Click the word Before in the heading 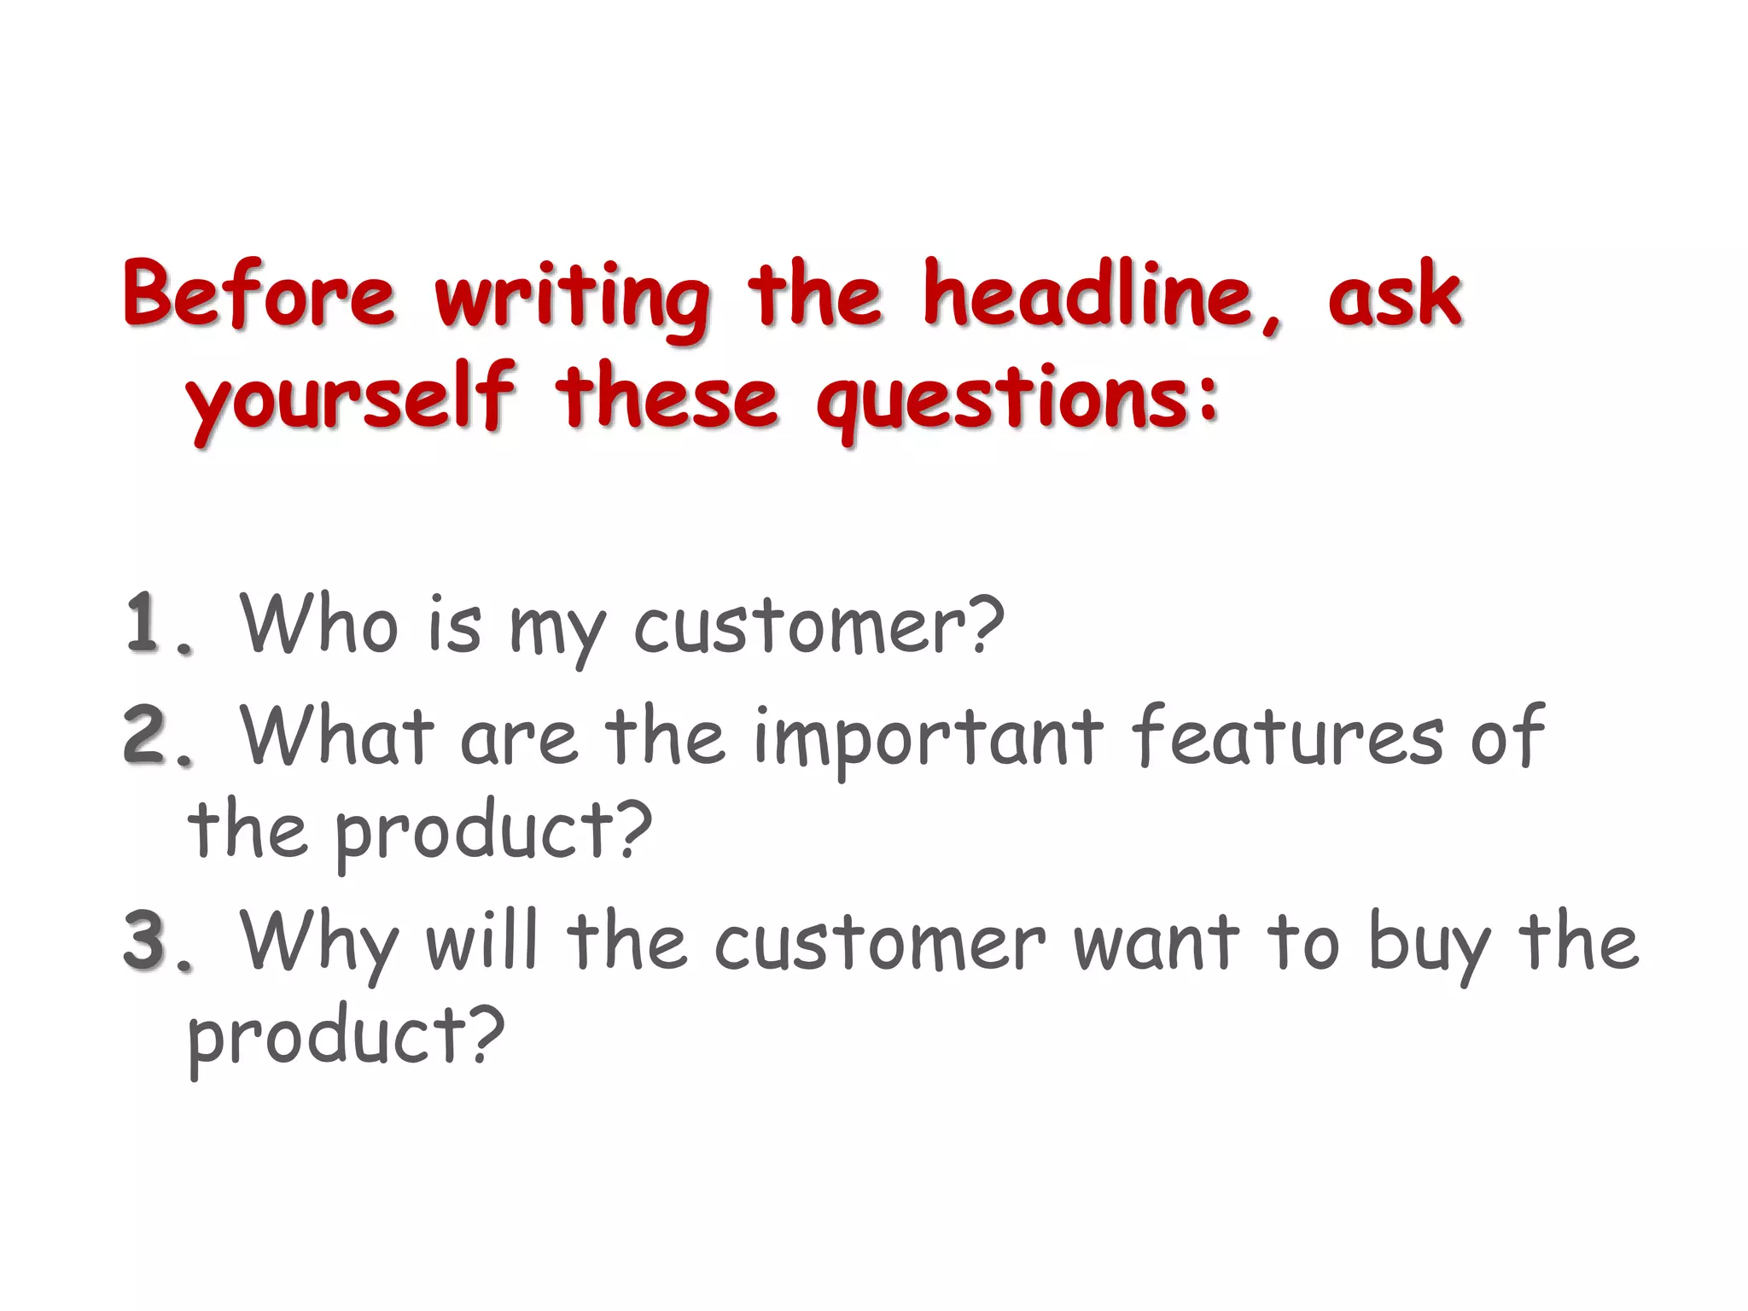259,295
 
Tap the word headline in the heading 1096,295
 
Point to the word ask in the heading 1395,295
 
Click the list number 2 147,736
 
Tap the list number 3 147,941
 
